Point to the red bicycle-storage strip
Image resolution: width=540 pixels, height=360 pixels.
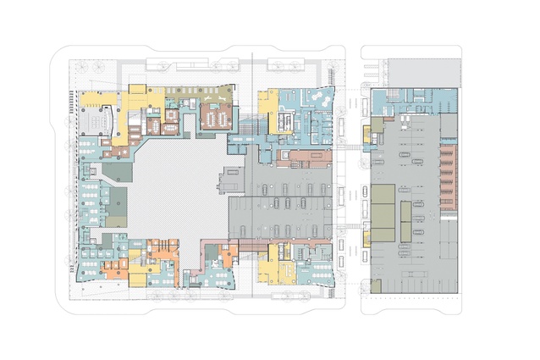[448, 177]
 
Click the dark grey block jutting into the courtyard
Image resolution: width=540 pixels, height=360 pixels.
[230, 180]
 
